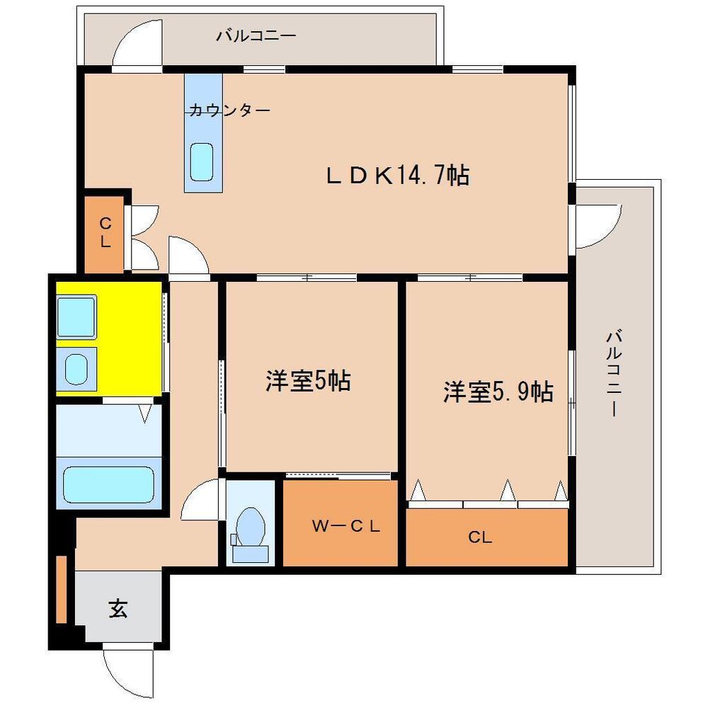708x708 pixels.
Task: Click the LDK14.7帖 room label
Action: [397, 175]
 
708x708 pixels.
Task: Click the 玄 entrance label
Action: [118, 608]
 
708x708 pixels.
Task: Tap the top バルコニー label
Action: [256, 35]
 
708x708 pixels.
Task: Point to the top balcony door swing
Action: [138, 47]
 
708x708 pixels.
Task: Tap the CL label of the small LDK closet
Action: [105, 233]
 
